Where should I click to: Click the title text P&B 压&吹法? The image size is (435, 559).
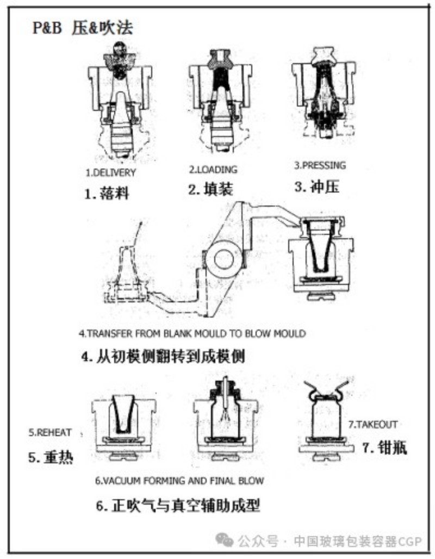83,28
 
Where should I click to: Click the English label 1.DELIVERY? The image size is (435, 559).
111,172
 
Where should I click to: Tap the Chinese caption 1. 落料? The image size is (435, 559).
107,193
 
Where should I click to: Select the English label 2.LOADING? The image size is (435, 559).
213,169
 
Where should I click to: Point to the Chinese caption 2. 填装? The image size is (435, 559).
210,189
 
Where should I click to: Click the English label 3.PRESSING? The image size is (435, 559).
320,165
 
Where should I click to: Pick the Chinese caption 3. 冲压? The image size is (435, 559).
317,187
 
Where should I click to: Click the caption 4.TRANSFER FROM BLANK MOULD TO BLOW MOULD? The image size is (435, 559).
192,334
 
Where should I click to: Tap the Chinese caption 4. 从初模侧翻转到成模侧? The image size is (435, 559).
163,356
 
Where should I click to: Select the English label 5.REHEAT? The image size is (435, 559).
50,432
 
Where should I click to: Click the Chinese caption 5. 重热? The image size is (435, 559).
51,457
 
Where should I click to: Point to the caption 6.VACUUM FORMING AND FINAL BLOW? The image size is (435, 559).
179,481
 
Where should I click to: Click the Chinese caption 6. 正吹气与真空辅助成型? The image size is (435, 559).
178,505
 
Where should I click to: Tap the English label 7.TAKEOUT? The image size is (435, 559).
373,425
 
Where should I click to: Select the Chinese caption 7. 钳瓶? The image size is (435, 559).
384,448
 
